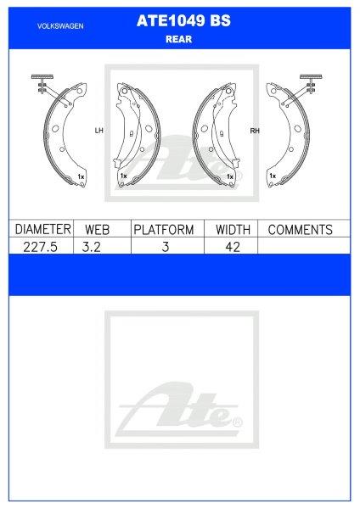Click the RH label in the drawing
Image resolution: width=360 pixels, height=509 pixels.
point(254,131)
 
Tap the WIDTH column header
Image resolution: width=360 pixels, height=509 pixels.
point(232,229)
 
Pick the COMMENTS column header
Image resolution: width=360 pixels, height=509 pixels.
point(300,229)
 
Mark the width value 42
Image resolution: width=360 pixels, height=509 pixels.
point(232,246)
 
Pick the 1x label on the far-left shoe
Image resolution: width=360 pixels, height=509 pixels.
point(81,176)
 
